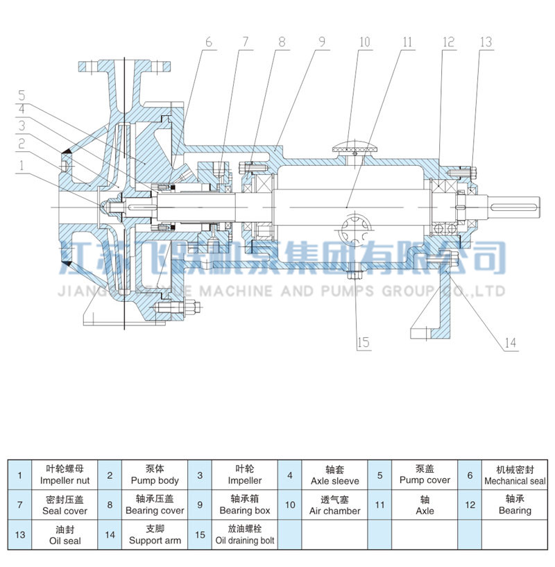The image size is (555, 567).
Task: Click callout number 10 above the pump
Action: click(x=364, y=42)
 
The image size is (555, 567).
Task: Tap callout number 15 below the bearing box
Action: click(x=362, y=341)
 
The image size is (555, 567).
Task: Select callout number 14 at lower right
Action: click(x=510, y=342)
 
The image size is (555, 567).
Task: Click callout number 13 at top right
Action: click(x=485, y=42)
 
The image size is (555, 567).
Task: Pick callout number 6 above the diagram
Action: click(x=207, y=42)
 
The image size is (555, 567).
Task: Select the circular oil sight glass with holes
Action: click(x=357, y=230)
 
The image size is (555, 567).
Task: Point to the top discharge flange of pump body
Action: click(x=126, y=66)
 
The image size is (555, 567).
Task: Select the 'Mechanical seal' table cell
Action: click(x=514, y=475)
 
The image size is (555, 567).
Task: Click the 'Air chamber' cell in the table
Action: click(x=334, y=505)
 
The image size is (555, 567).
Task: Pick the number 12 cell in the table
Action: click(x=470, y=505)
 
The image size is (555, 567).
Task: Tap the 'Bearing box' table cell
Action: click(x=245, y=505)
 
